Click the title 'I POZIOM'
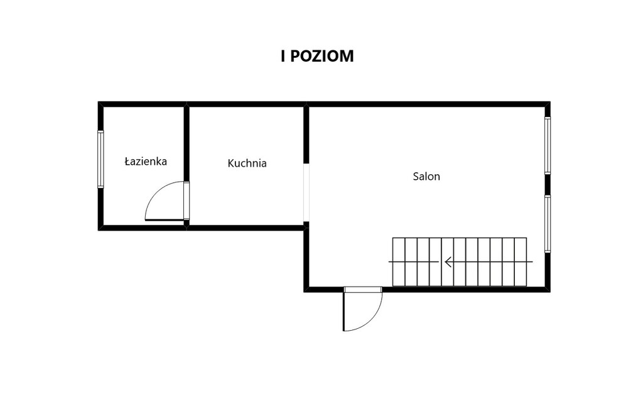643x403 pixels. [x=317, y=56]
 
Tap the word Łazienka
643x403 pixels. [x=146, y=162]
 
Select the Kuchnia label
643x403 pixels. [x=247, y=163]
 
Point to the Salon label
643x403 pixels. [x=426, y=177]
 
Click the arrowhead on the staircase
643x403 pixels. [x=448, y=262]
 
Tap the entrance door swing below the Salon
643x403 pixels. [x=371, y=319]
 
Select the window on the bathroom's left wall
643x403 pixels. [x=100, y=159]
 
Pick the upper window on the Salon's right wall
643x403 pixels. [x=548, y=146]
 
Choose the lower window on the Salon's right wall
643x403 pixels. [x=548, y=224]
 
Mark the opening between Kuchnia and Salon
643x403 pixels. [x=306, y=192]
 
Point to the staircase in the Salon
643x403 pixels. [x=460, y=262]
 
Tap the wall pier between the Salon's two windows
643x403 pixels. [x=548, y=185]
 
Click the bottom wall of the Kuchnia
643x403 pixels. [x=246, y=228]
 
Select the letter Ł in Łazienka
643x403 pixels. [x=127, y=162]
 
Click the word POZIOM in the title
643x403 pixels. [x=322, y=56]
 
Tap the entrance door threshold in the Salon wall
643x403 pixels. [x=363, y=289]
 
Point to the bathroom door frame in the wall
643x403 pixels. [x=186, y=201]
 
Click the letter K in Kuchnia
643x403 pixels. [x=230, y=163]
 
